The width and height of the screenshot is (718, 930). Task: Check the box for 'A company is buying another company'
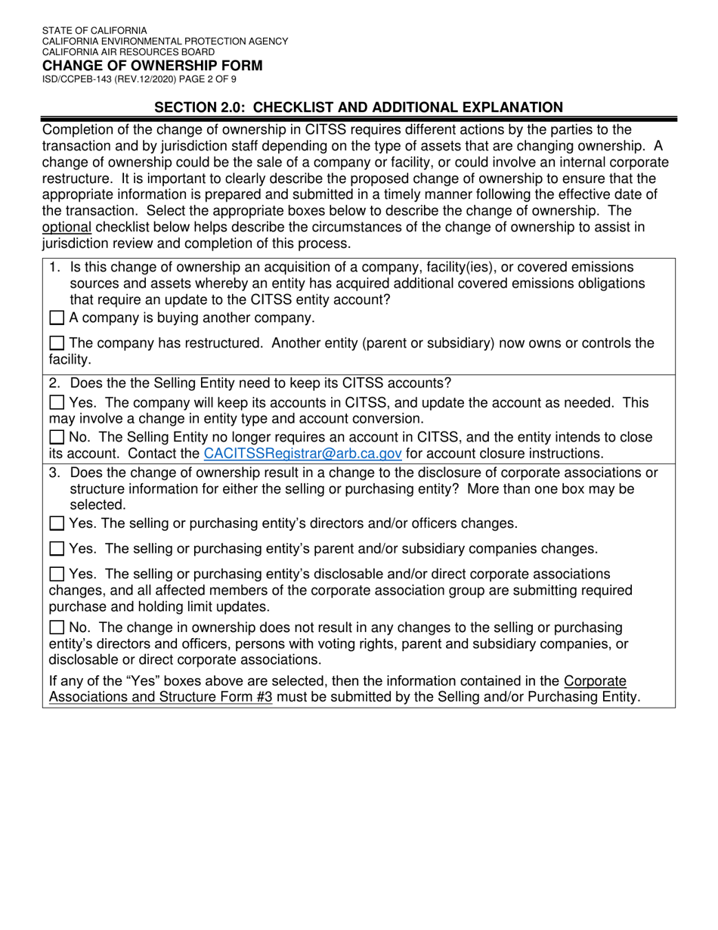pyautogui.click(x=57, y=318)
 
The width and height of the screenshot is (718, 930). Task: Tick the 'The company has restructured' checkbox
pyautogui.click(x=57, y=343)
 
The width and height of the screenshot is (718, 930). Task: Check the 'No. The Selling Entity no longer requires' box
pyautogui.click(x=57, y=438)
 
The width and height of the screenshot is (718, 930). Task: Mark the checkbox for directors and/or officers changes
pyautogui.click(x=57, y=523)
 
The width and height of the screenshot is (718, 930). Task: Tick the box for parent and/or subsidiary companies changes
pyautogui.click(x=57, y=549)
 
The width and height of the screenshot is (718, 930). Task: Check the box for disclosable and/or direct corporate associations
pyautogui.click(x=57, y=575)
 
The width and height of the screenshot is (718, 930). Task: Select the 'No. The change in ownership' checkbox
pyautogui.click(x=57, y=628)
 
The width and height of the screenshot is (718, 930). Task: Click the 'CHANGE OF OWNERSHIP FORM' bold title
pyautogui.click(x=152, y=66)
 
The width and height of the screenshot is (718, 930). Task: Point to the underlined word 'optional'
pyautogui.click(x=67, y=227)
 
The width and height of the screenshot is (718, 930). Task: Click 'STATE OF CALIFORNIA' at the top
pyautogui.click(x=94, y=31)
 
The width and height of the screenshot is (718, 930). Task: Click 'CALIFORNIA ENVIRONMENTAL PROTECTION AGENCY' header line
pyautogui.click(x=165, y=42)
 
